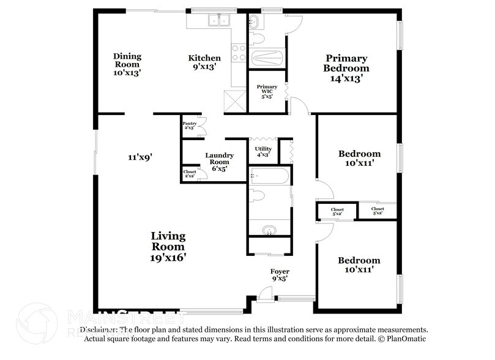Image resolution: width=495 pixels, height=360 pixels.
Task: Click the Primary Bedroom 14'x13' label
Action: (346, 68)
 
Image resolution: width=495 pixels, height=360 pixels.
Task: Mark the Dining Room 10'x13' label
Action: (127, 64)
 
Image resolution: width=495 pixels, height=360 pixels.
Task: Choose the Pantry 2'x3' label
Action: (190, 126)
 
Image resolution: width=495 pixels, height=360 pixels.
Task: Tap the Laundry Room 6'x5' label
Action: (219, 162)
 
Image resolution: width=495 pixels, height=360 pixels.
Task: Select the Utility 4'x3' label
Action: (262, 151)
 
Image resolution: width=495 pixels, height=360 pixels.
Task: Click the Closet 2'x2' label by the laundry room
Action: (190, 174)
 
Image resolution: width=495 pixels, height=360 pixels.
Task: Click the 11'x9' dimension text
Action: (140, 157)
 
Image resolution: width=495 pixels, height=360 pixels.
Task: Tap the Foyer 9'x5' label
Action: (280, 274)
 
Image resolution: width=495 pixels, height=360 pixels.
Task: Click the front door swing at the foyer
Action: (266, 296)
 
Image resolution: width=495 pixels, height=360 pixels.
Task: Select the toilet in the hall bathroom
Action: (259, 197)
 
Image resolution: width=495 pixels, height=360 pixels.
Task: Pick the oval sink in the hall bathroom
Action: (269, 231)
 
